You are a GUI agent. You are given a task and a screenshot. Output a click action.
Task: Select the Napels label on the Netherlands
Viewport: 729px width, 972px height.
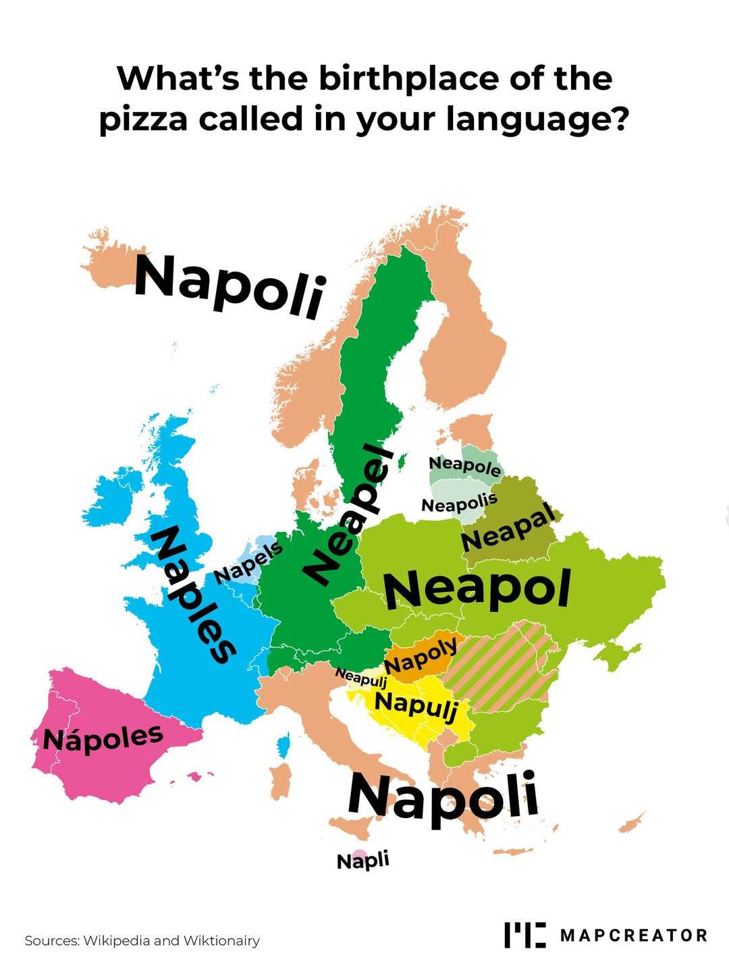click(x=248, y=562)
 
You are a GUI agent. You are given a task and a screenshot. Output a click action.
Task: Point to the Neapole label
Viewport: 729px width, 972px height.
click(x=465, y=466)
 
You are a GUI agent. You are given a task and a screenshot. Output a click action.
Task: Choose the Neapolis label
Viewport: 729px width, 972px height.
click(x=459, y=502)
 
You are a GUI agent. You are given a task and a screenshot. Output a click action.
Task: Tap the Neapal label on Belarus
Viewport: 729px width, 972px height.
click(x=508, y=529)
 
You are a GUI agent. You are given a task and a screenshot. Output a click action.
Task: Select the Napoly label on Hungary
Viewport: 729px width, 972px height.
click(x=421, y=655)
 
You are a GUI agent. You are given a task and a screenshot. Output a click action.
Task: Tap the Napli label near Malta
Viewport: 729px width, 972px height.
click(x=363, y=861)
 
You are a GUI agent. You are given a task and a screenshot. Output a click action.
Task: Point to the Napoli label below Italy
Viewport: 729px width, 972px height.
click(x=443, y=796)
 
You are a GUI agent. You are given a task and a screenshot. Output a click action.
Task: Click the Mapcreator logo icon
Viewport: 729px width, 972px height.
click(x=524, y=935)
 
